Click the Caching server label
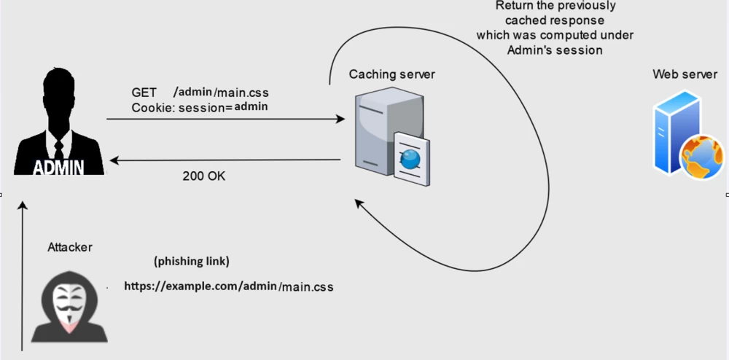(x=391, y=74)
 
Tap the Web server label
(x=685, y=74)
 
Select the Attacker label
(x=70, y=247)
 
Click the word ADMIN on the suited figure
(x=58, y=168)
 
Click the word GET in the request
(x=144, y=93)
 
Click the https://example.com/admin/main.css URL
(x=228, y=286)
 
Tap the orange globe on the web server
(x=701, y=157)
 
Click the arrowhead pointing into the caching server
(x=340, y=119)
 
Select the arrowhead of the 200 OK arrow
(x=113, y=158)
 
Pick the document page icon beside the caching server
(x=410, y=157)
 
